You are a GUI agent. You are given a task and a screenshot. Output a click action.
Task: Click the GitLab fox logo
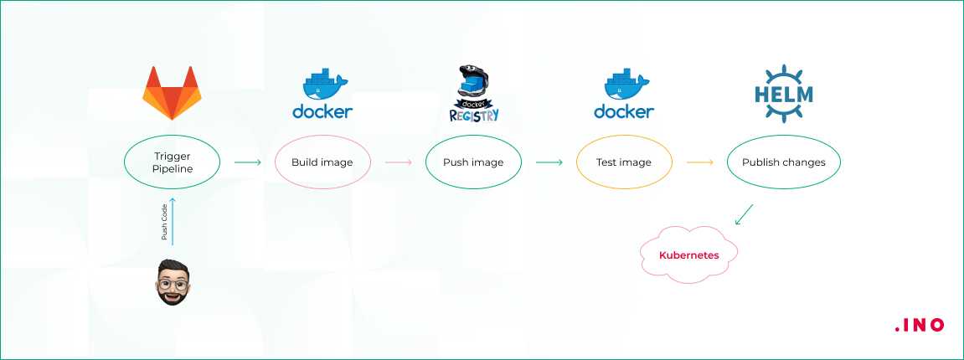[173, 93]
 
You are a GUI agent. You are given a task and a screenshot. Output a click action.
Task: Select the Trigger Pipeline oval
[173, 162]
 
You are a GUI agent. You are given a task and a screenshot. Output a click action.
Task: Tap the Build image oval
[322, 162]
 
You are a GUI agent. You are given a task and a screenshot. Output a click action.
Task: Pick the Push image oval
[473, 162]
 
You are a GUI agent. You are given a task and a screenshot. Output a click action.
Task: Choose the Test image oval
[624, 162]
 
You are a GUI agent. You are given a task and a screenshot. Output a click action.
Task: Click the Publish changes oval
[783, 162]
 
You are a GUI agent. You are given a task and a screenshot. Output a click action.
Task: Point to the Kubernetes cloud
[689, 255]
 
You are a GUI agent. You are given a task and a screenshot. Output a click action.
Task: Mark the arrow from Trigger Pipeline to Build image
[248, 162]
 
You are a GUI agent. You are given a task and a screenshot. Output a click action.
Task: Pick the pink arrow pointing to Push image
[398, 162]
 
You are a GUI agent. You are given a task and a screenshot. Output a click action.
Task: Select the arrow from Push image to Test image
[549, 162]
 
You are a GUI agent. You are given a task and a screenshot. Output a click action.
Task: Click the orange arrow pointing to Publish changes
[699, 162]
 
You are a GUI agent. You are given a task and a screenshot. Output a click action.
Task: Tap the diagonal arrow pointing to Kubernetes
[744, 213]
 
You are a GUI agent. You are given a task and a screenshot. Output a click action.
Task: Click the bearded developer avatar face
[173, 283]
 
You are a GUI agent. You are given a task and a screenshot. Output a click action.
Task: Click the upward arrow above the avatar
[173, 222]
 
